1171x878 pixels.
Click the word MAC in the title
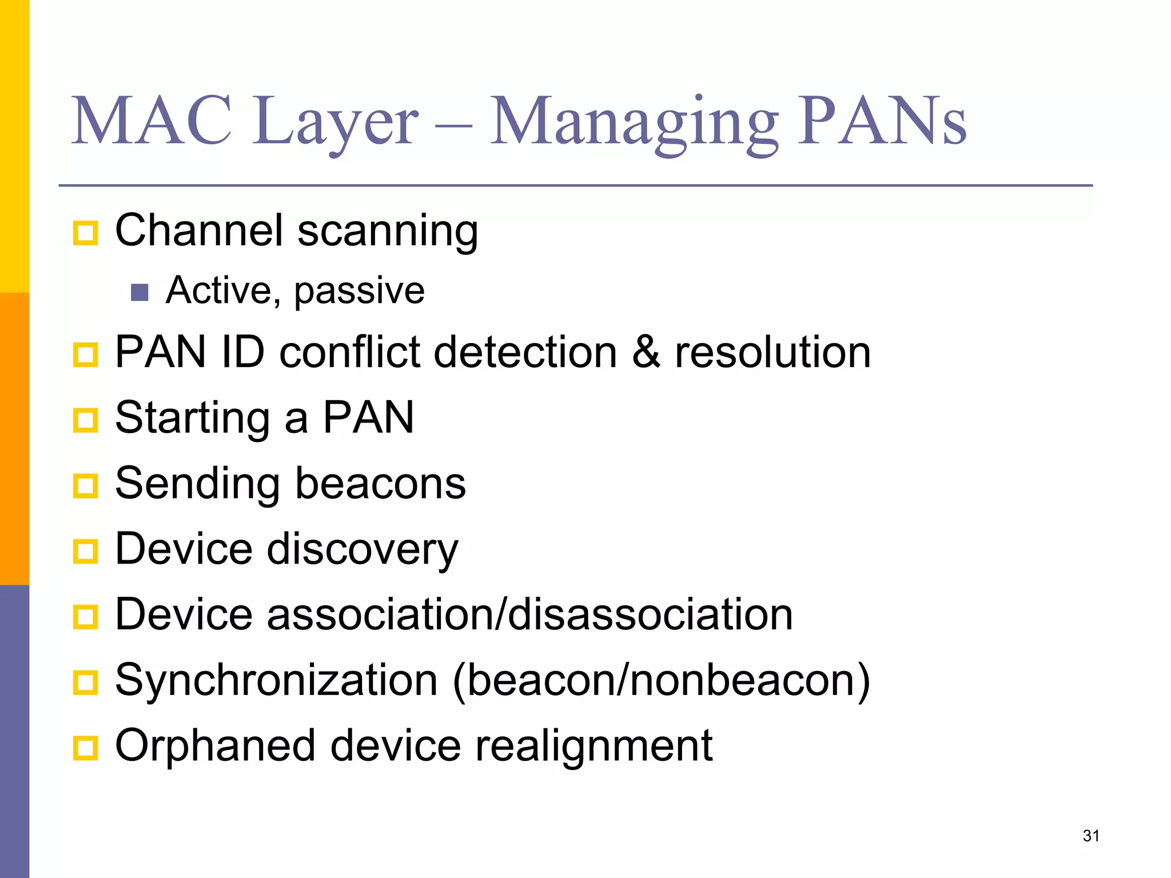pyautogui.click(x=152, y=121)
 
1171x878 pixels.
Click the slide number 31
pyautogui.click(x=1091, y=836)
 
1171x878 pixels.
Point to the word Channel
pyautogui.click(x=199, y=230)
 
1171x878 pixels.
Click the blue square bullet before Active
pyautogui.click(x=140, y=293)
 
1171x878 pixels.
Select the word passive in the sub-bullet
pyautogui.click(x=359, y=292)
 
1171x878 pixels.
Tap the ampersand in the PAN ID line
pyautogui.click(x=646, y=352)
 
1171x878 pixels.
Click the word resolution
pyautogui.click(x=773, y=352)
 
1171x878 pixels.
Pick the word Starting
pyautogui.click(x=192, y=418)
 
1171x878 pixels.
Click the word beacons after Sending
pyautogui.click(x=380, y=484)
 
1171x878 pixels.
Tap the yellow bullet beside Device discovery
pyautogui.click(x=86, y=552)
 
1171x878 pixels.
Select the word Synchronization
pyautogui.click(x=276, y=680)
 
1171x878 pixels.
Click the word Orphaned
pyautogui.click(x=215, y=747)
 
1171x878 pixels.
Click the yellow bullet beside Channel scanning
pyautogui.click(x=86, y=233)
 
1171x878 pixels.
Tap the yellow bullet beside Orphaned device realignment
pyautogui.click(x=86, y=748)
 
